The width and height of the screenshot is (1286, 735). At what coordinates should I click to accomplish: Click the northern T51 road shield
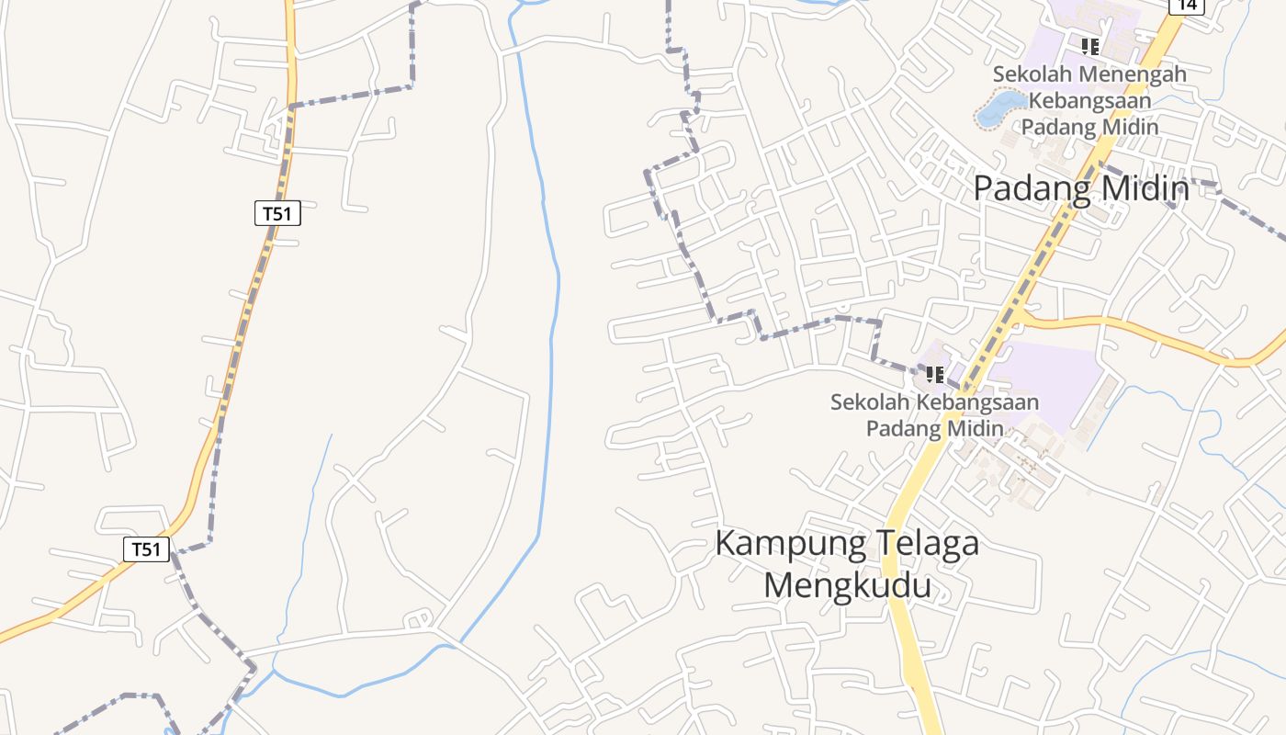click(276, 214)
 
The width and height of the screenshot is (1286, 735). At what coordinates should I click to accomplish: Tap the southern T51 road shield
click(146, 549)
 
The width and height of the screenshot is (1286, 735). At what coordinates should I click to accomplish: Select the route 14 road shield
click(1187, 5)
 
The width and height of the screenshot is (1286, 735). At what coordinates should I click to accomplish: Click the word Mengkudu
click(847, 585)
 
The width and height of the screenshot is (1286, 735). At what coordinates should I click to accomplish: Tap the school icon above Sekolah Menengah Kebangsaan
click(1090, 46)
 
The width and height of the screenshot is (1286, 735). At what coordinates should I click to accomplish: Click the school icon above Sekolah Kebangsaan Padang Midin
click(935, 374)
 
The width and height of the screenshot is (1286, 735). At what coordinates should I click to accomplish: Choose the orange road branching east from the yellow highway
click(1148, 333)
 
